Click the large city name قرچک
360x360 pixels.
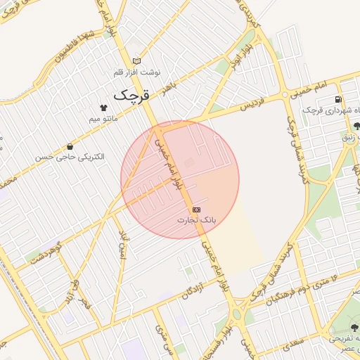click(x=132, y=94)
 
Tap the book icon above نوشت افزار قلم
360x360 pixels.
click(x=136, y=61)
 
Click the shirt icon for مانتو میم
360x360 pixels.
click(x=104, y=108)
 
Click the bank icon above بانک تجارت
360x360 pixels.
click(x=196, y=210)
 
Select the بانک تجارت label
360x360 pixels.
click(x=196, y=220)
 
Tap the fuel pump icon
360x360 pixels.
click(x=339, y=99)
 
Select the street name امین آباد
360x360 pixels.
click(x=124, y=242)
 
